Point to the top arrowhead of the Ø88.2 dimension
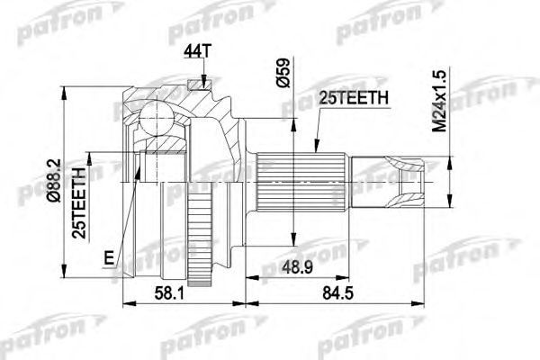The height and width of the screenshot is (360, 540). click(x=67, y=89)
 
